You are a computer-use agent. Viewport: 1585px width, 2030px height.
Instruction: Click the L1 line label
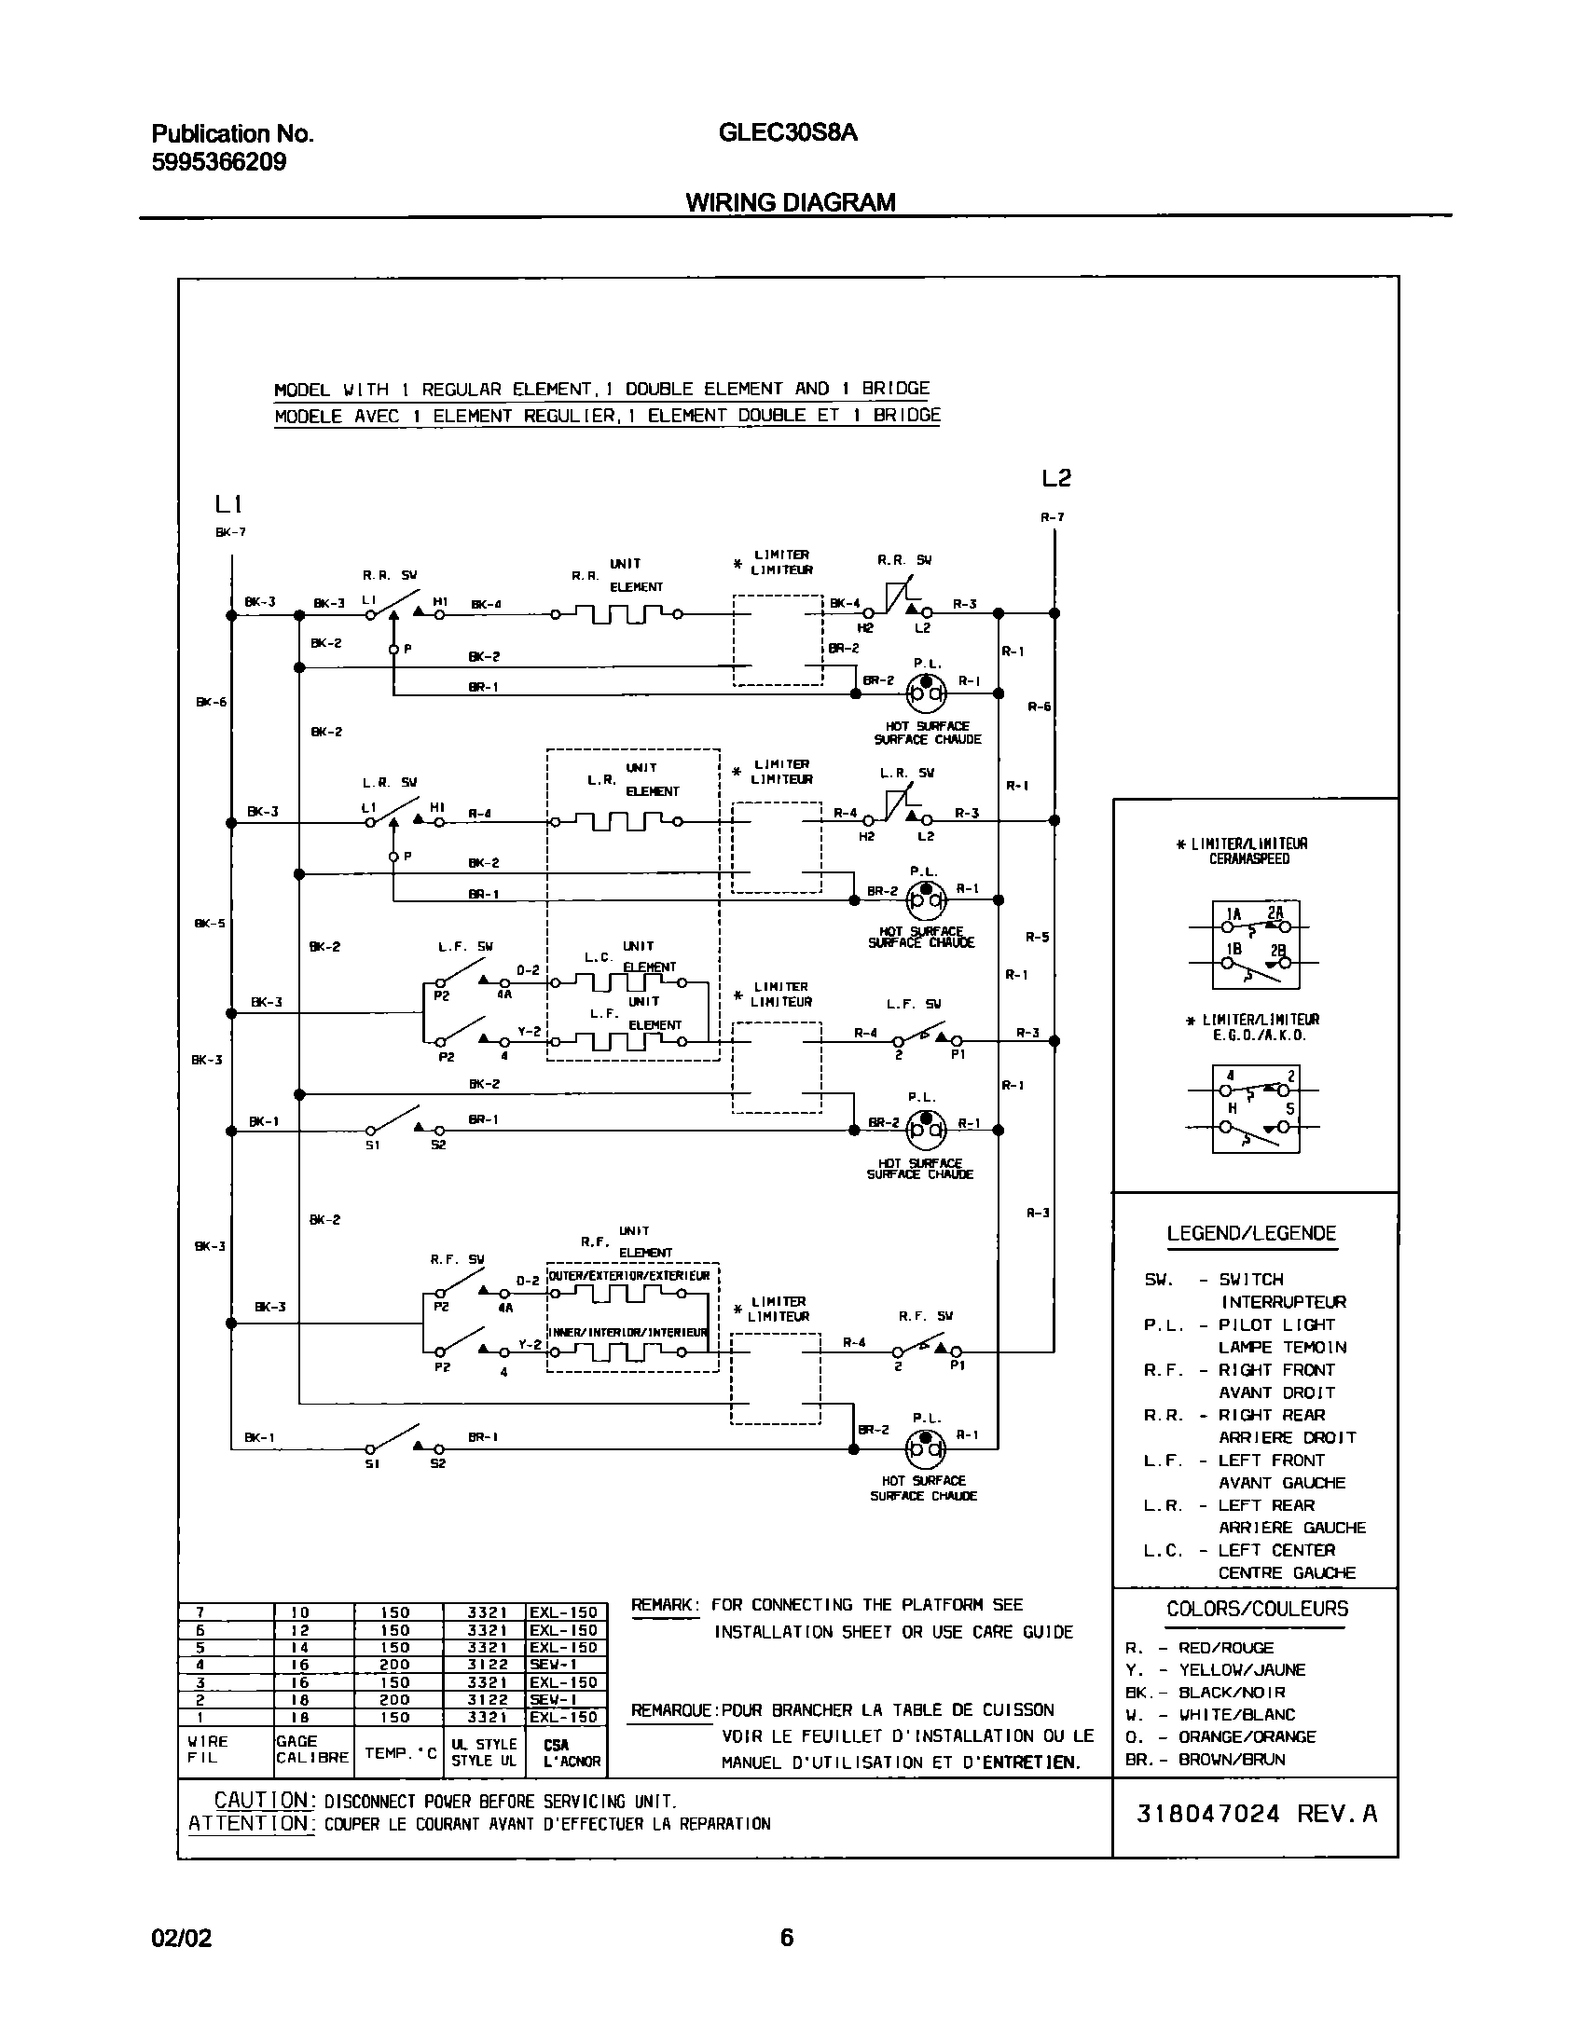pos(228,505)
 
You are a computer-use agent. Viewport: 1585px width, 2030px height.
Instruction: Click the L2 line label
pos(1056,479)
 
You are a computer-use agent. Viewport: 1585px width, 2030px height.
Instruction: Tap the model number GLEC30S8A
pos(788,133)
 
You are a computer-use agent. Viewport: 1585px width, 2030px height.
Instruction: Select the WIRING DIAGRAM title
pos(791,202)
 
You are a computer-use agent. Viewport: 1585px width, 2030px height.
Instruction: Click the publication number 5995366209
pos(219,162)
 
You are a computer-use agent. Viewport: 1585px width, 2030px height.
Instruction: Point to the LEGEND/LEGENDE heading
pos(1251,1233)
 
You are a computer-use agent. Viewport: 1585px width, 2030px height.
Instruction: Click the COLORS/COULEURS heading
pos(1257,1609)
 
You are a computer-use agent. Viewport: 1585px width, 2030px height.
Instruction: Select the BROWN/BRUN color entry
pos(1232,1760)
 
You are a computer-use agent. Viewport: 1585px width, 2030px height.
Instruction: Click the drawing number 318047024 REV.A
pos(1256,1814)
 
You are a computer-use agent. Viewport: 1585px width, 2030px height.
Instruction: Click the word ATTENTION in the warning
pos(251,1823)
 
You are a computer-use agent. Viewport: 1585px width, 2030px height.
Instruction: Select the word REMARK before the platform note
pos(664,1605)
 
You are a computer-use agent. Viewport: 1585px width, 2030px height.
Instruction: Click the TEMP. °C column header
pos(400,1753)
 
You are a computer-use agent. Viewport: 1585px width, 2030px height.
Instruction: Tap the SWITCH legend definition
pos(1251,1280)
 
